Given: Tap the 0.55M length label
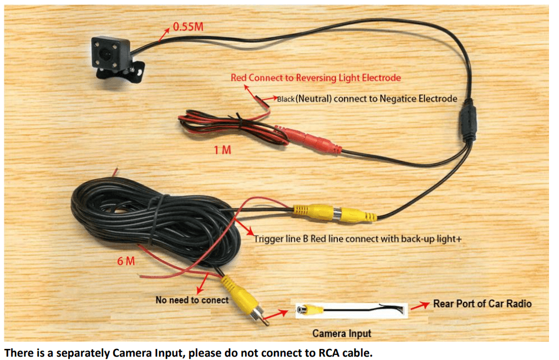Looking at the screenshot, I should [189, 26].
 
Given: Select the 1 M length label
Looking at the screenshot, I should [223, 150].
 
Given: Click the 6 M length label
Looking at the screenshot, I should [126, 261].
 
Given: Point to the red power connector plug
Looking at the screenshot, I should [308, 139].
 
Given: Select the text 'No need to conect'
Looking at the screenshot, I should [192, 300].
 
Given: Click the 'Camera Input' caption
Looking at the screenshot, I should [342, 333].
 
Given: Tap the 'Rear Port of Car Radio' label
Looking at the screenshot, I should [482, 303].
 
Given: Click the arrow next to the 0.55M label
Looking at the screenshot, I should [164, 34].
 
